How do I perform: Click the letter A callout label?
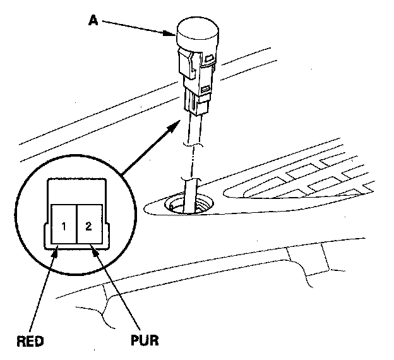[93, 20]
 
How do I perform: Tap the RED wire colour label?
[30, 341]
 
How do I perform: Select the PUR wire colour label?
[145, 340]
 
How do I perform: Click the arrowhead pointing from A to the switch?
[169, 33]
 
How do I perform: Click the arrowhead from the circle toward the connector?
[174, 126]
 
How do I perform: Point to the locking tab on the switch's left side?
[186, 63]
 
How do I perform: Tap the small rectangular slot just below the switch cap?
[210, 59]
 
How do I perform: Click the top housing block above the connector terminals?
[76, 191]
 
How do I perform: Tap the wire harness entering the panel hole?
[191, 195]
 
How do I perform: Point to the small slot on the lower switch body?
[206, 89]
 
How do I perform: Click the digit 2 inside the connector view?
[88, 226]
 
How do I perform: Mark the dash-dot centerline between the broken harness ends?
[193, 162]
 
